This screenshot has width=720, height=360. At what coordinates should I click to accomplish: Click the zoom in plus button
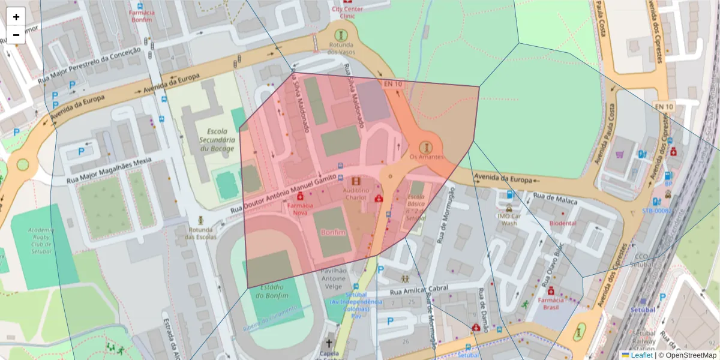click(x=16, y=17)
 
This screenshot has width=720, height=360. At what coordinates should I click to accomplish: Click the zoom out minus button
click(x=16, y=35)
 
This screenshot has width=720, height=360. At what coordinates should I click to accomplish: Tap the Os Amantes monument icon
click(x=426, y=146)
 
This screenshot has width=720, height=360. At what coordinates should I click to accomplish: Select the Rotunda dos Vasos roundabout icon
click(x=340, y=35)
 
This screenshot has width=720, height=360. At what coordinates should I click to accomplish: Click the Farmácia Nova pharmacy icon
click(x=300, y=196)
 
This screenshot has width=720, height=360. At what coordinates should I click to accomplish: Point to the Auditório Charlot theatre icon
click(x=356, y=181)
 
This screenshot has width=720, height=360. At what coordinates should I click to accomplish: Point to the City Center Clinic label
click(x=344, y=13)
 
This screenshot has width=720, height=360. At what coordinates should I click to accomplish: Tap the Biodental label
click(x=563, y=223)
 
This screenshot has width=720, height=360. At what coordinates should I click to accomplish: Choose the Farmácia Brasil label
click(x=551, y=303)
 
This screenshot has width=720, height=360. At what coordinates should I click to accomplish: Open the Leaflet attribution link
click(x=641, y=355)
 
